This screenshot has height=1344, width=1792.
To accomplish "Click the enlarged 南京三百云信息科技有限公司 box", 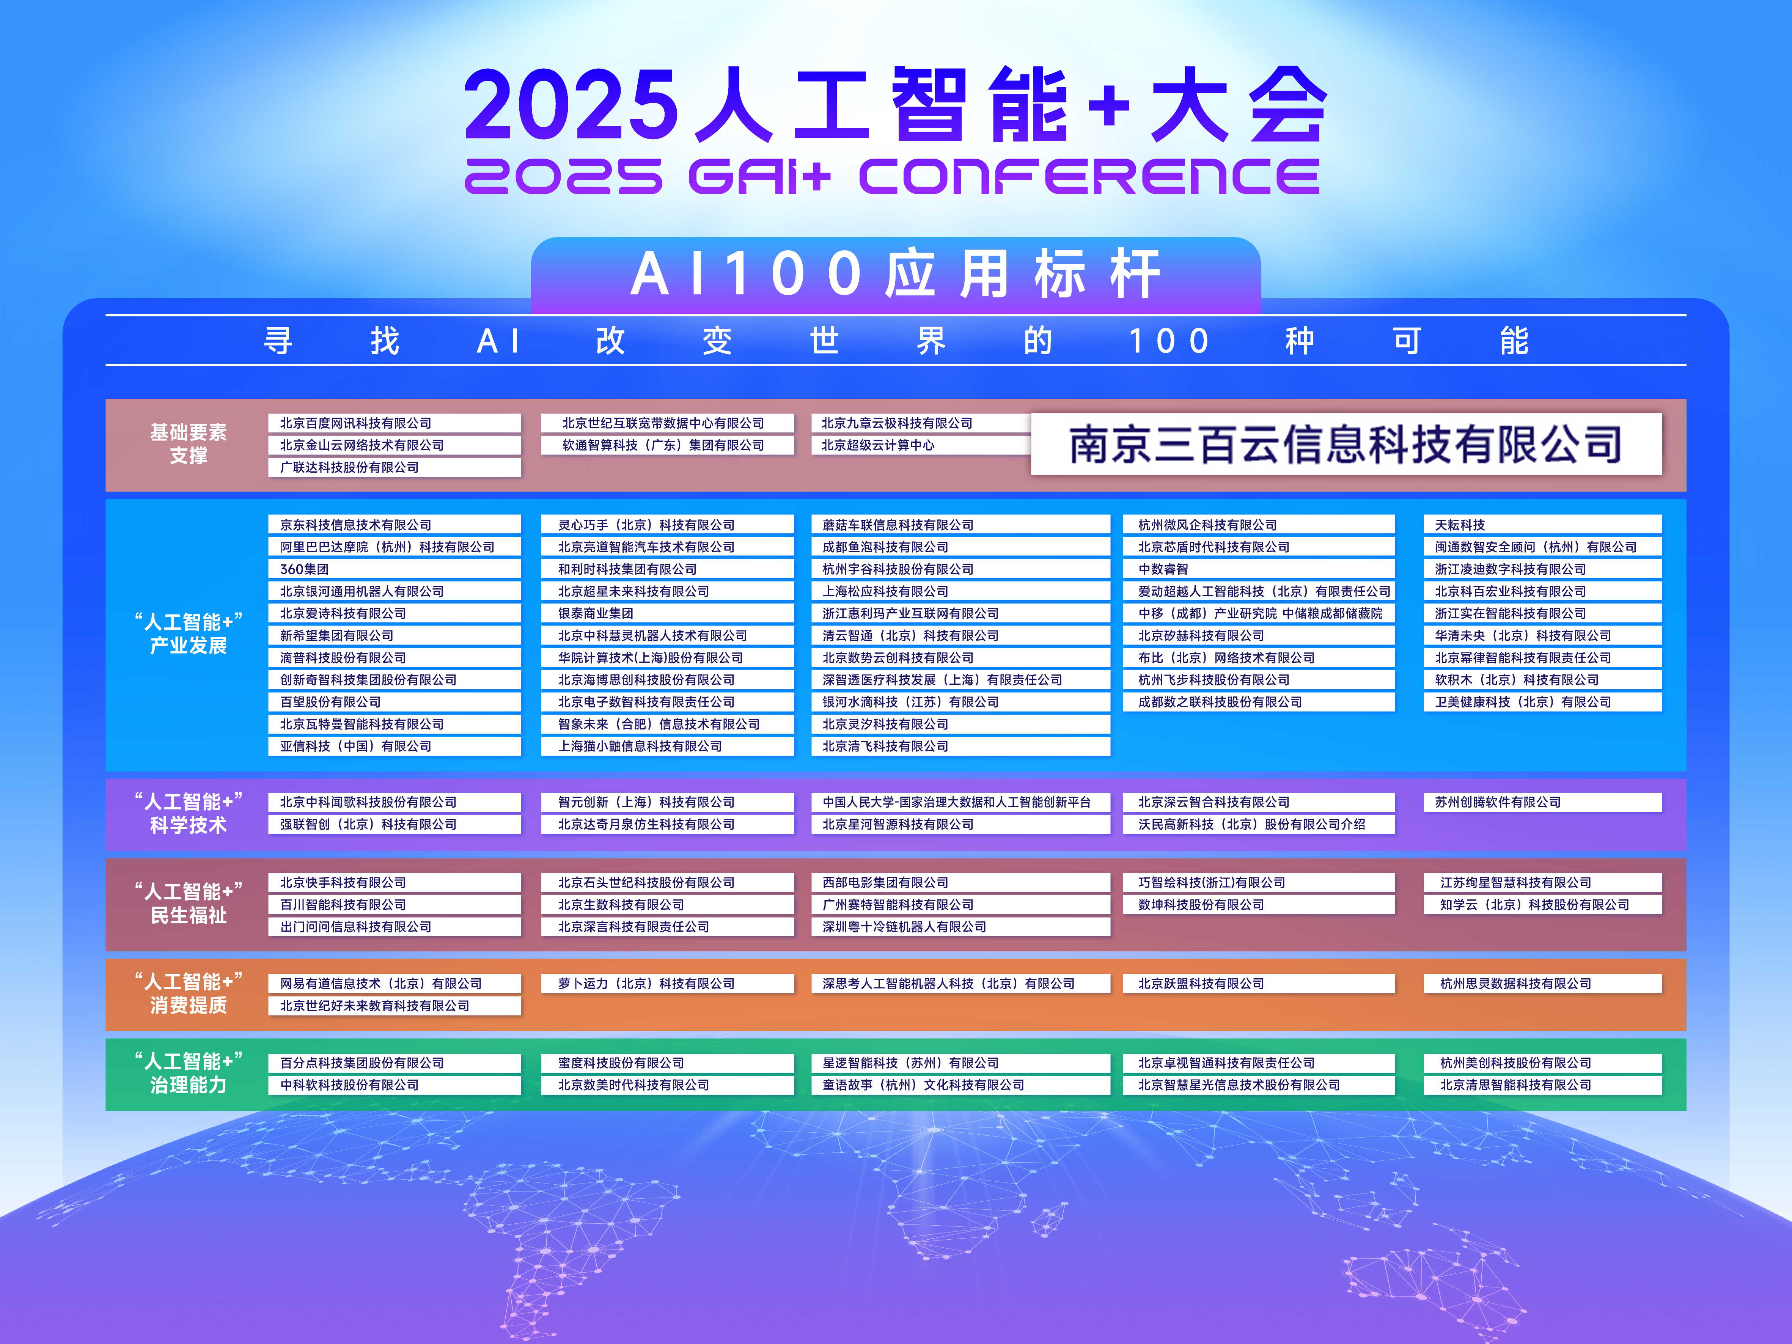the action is coord(1346,444).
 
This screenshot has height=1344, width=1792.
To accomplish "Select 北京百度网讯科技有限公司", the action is coord(356,423).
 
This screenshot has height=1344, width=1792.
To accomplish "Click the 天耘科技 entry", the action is coord(1460,525).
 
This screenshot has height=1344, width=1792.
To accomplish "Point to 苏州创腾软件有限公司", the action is coord(1497,802).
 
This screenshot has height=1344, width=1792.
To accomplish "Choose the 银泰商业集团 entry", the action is coord(596,613).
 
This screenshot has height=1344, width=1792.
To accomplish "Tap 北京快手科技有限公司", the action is coord(343,882).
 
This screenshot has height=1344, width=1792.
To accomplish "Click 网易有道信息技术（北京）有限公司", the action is coord(381,984).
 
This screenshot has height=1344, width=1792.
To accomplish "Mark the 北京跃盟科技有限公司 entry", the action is coord(1201,984).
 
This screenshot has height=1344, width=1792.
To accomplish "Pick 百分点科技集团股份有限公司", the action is coord(362,1063).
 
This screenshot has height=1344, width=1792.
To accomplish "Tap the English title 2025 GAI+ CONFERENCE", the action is coord(891,176).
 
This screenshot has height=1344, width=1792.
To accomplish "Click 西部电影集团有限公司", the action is coord(885,882).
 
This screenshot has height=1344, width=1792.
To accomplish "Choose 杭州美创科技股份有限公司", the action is coord(1515,1063).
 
